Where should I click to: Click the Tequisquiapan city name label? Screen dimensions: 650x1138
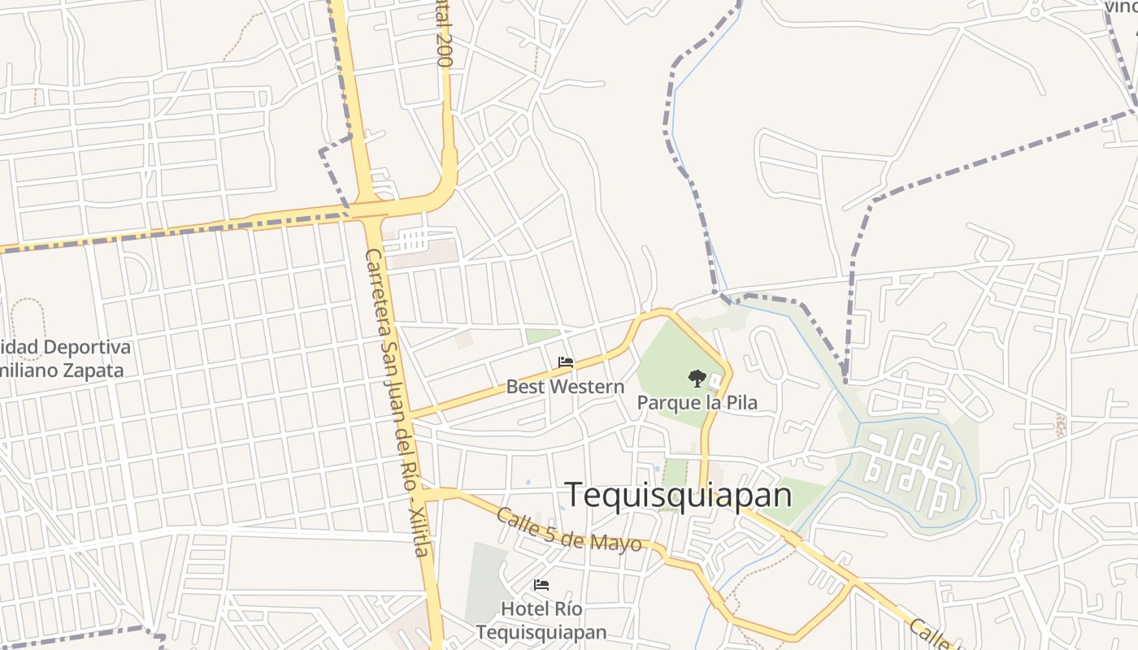pos(678,495)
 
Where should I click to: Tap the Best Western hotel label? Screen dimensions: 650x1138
pos(565,387)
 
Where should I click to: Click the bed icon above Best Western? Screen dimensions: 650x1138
pos(566,362)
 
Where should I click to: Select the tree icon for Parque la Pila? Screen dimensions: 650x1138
pos(697,378)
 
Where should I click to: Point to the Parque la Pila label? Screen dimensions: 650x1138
pos(697,402)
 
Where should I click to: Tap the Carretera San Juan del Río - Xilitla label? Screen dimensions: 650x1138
pos(396,402)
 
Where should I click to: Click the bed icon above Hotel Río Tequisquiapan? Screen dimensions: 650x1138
pos(541,585)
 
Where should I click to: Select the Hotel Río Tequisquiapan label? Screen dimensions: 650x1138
pos(541,620)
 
